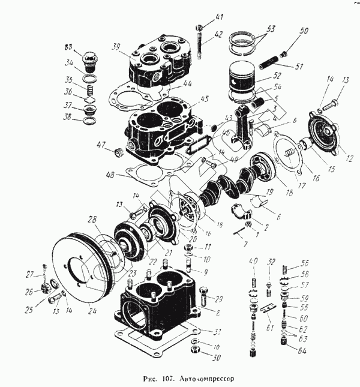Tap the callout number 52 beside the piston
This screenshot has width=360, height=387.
(277, 76)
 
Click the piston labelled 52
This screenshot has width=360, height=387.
(245, 81)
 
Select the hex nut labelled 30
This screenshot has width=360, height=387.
(196, 349)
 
